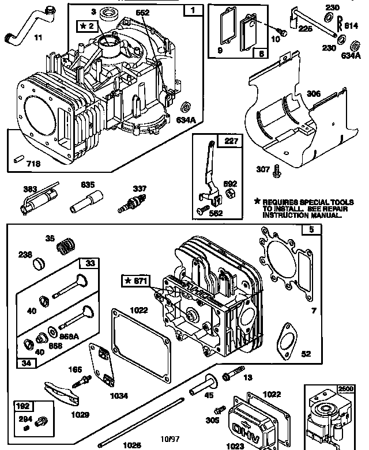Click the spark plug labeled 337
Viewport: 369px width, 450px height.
[129, 202]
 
